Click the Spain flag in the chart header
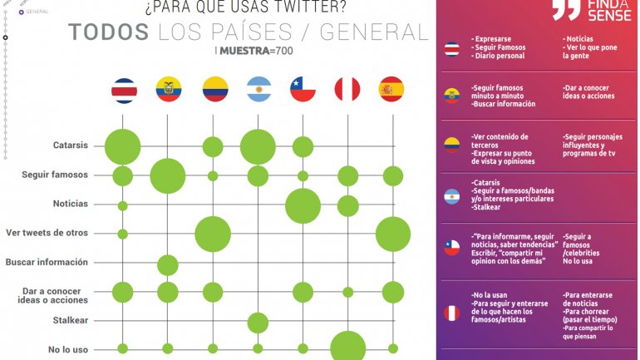[x=391, y=90]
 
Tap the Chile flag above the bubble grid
[x=303, y=90]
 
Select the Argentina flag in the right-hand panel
[x=451, y=197]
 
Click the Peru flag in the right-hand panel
[x=451, y=313]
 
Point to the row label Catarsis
[x=71, y=145]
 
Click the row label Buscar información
[x=47, y=262]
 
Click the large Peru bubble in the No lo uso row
[x=347, y=348]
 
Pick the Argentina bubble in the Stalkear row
[x=258, y=322]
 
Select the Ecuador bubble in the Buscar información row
[x=168, y=265]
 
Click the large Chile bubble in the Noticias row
[x=303, y=205]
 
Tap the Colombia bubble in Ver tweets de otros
[x=213, y=234]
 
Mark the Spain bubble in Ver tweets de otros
[x=392, y=234]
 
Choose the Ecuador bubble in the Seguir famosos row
[x=168, y=175]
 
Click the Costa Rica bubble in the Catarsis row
[x=122, y=147]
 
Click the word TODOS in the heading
[x=109, y=32]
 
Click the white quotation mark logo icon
[x=566, y=10]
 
